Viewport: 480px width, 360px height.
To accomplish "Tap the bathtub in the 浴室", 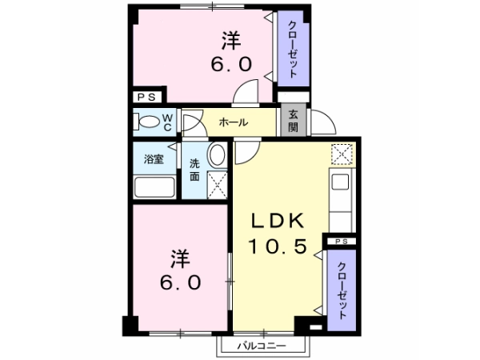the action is pyautogui.click(x=154, y=187).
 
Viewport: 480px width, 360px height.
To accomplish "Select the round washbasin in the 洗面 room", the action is pyautogui.click(x=217, y=155).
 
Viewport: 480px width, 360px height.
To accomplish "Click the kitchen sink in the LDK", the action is pyautogui.click(x=341, y=182).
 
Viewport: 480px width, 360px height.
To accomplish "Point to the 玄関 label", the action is pyautogui.click(x=293, y=121).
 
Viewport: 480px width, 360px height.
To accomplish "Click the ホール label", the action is pyautogui.click(x=234, y=122).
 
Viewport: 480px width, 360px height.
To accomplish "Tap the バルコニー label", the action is pyautogui.click(x=262, y=346).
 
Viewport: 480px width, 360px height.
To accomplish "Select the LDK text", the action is pyautogui.click(x=278, y=221).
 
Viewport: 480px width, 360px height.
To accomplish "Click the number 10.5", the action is pyautogui.click(x=278, y=246).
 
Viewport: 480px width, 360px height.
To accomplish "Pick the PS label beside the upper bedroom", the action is pyautogui.click(x=146, y=98).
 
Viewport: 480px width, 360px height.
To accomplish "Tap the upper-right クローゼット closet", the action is pyautogui.click(x=293, y=49).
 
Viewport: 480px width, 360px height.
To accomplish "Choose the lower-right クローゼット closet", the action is pyautogui.click(x=342, y=290).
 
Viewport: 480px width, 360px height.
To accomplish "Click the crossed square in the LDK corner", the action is pyautogui.click(x=342, y=154).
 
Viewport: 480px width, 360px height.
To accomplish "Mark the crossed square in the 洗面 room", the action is pyautogui.click(x=217, y=186).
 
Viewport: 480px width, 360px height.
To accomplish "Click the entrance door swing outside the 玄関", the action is pyautogui.click(x=323, y=122).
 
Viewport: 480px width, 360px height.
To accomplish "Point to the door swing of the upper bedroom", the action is pyautogui.click(x=246, y=91).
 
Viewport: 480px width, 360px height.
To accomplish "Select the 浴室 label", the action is pyautogui.click(x=154, y=159).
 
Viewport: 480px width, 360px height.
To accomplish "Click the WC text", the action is pyautogui.click(x=167, y=122).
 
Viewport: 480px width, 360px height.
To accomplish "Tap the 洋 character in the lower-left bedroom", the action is pyautogui.click(x=180, y=259).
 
